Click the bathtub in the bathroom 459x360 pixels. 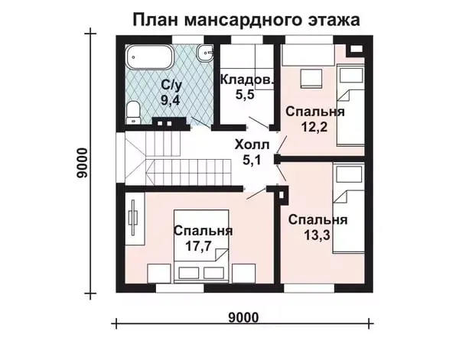point(149,57)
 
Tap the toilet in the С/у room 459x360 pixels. point(133,112)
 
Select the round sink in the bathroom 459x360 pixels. point(205,53)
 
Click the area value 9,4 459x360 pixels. point(170,99)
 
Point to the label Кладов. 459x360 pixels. point(248,79)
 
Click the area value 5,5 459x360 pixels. point(245,95)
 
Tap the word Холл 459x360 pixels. point(252,144)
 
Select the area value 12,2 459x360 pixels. point(314,127)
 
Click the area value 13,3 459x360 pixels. point(317,235)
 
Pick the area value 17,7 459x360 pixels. point(198,246)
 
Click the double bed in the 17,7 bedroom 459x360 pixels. point(201,246)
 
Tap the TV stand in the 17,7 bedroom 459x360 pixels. point(135,218)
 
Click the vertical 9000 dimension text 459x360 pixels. point(82,163)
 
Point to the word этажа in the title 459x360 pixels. point(334,20)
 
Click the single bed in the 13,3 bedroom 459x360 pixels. point(348,208)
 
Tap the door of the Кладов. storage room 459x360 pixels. point(259,122)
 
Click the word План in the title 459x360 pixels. point(156,20)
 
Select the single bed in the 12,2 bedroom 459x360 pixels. point(350,105)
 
